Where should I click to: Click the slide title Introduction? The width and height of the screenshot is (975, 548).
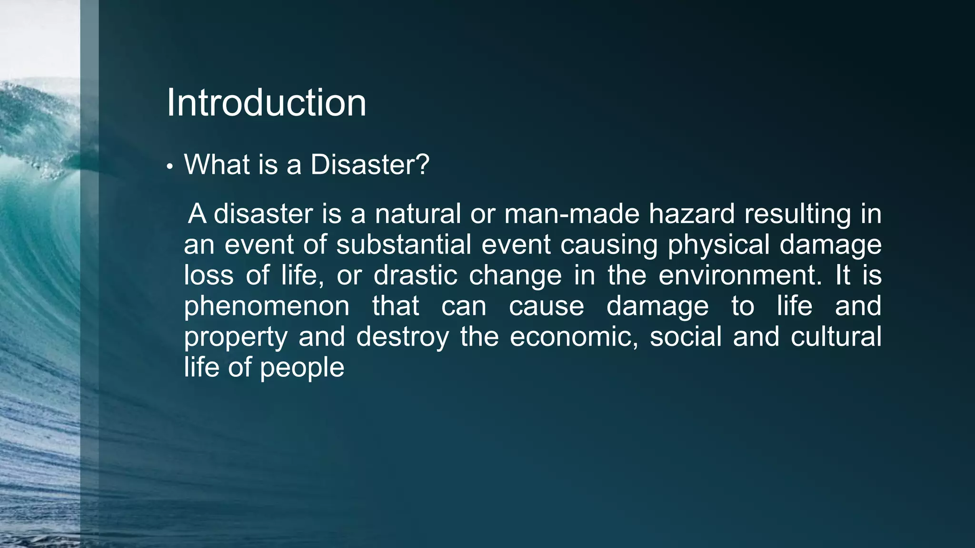tap(266, 103)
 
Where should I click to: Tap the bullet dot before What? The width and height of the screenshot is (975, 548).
tap(169, 167)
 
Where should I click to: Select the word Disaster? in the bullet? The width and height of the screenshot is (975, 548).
tap(370, 165)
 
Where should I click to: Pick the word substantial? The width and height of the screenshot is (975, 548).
tap(403, 245)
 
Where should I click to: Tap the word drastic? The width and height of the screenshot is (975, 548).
tap(415, 275)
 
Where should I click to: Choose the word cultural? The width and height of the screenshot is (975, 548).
tap(836, 337)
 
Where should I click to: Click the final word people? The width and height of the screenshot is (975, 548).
tap(302, 368)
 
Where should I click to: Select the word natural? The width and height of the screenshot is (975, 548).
tap(418, 214)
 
